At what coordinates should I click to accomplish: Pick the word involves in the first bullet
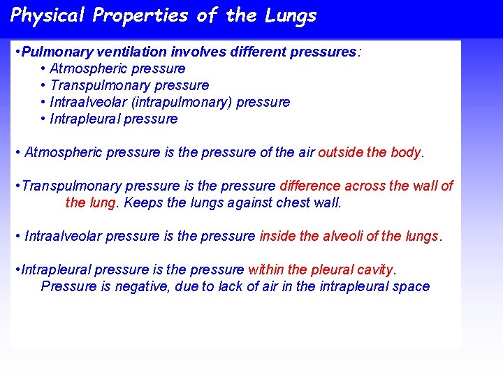pyautogui.click(x=196, y=52)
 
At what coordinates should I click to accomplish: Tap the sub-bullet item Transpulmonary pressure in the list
pyautogui.click(x=129, y=85)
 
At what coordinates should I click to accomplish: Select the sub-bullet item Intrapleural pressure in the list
pyautogui.click(x=113, y=119)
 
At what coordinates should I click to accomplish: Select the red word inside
pyautogui.click(x=277, y=236)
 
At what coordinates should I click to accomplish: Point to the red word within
pyautogui.click(x=265, y=269)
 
